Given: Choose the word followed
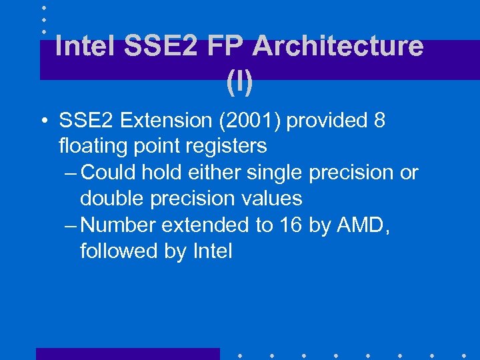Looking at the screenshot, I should point(118,251).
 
